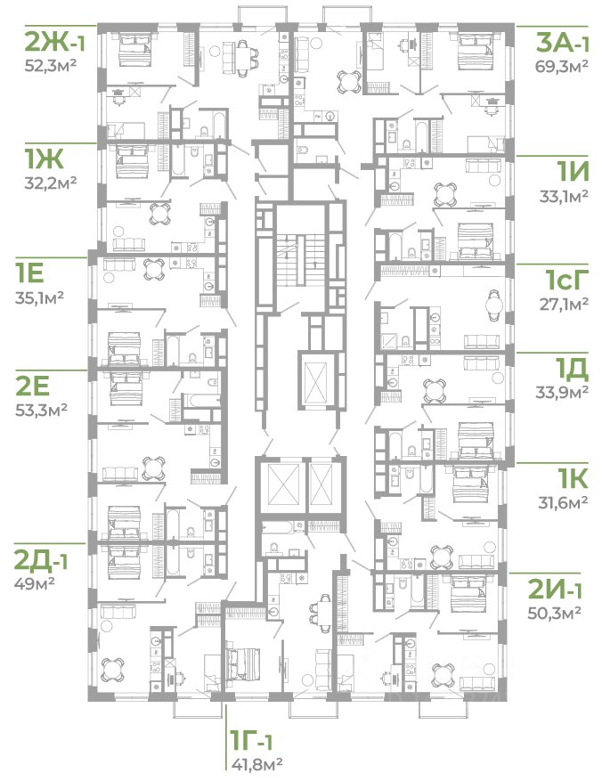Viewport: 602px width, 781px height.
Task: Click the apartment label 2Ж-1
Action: tap(55, 43)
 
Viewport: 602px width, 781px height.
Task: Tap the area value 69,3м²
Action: tap(562, 66)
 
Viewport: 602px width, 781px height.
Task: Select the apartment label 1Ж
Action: tap(44, 159)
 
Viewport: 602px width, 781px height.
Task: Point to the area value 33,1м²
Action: tap(565, 196)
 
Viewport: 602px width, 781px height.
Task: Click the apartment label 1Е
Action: tap(29, 273)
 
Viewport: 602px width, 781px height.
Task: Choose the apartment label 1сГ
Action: tap(567, 281)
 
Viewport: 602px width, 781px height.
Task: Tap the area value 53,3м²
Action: tap(41, 410)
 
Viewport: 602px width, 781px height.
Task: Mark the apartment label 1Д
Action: tap(573, 369)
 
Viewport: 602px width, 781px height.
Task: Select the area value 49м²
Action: tap(35, 583)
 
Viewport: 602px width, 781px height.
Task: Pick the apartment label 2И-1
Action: tap(555, 590)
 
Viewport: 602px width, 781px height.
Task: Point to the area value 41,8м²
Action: tap(257, 762)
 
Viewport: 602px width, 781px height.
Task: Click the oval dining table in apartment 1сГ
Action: tap(493, 305)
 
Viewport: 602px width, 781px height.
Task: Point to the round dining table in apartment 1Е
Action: tap(153, 269)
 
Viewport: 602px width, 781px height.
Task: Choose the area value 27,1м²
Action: tap(565, 304)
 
